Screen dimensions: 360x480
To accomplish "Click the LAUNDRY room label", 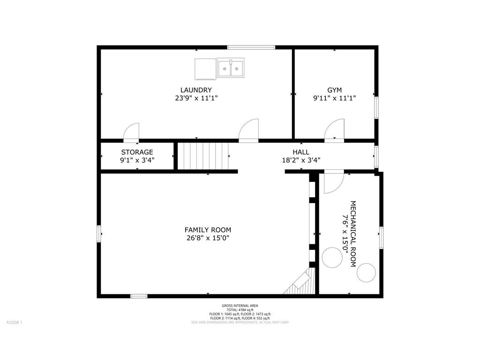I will tap(196, 90).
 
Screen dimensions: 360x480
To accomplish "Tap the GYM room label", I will tap(334, 90).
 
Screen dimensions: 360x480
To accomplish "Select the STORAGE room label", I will tap(137, 152).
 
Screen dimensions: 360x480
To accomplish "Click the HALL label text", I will tap(300, 152).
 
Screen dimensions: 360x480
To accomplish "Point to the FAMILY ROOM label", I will tap(208, 230).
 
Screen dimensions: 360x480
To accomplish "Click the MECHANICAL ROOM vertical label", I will tap(353, 234).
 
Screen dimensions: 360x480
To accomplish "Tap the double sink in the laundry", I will tap(231, 68).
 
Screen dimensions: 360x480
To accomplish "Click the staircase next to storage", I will tap(205, 156).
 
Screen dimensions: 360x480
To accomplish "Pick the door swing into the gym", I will tap(334, 130).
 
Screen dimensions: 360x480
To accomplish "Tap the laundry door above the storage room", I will tap(131, 132).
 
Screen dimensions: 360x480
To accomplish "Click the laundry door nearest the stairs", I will tap(249, 130).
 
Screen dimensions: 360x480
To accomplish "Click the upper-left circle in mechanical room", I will tap(332, 257).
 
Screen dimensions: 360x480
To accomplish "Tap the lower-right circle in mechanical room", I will tap(367, 273).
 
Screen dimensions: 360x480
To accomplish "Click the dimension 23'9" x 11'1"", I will tap(196, 98).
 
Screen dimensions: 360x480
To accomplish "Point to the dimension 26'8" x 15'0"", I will tap(208, 238).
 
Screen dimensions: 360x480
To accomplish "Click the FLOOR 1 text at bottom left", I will tap(14, 322).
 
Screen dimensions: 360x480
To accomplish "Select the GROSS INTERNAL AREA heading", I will tap(240, 306).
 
